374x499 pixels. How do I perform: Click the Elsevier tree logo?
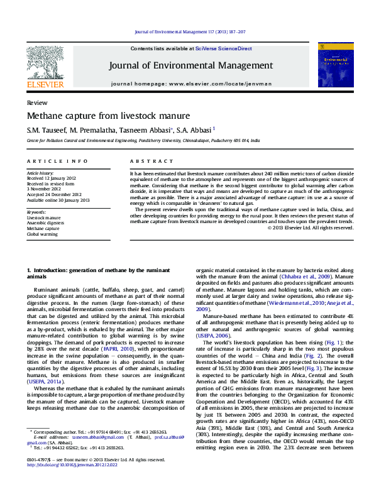[x=45, y=62]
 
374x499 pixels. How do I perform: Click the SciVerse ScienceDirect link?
[x=223, y=48]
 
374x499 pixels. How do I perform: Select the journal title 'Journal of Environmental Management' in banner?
[x=191, y=65]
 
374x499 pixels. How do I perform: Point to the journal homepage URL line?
[x=191, y=84]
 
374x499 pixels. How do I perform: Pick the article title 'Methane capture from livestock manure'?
[x=99, y=116]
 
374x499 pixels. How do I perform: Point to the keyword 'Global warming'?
[x=41, y=234]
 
